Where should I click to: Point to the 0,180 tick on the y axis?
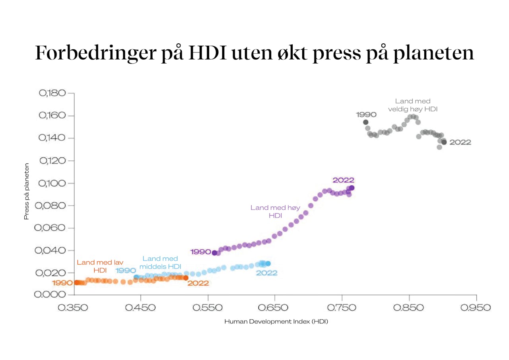tap(52, 93)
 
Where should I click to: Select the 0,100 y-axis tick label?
tap(52, 183)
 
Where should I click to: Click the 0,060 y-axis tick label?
tap(52, 228)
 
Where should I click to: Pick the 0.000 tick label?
tap(52, 295)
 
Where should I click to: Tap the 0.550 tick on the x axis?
tap(208, 308)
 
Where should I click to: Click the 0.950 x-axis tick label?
tap(476, 308)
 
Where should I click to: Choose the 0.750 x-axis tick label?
tap(342, 308)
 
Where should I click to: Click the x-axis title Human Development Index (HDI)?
tap(276, 321)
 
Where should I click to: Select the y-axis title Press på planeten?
tap(27, 191)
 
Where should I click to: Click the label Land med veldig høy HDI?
tap(413, 105)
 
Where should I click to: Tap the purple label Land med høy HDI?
tap(275, 211)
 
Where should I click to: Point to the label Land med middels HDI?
tap(160, 263)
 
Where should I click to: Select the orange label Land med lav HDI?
tap(100, 267)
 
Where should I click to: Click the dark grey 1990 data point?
tap(366, 122)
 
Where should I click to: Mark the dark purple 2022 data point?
tap(352, 188)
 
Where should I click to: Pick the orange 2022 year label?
tap(198, 283)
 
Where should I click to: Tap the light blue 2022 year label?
tap(266, 273)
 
